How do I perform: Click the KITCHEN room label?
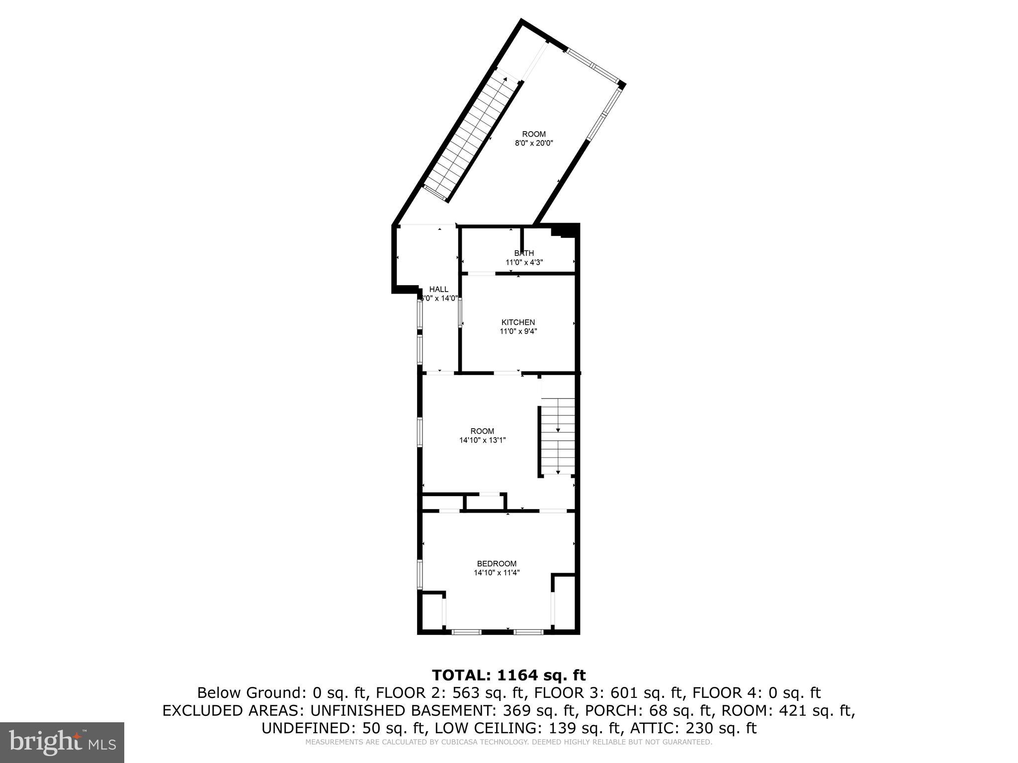[518, 322]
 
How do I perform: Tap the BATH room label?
[524, 253]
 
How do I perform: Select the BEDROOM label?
[497, 563]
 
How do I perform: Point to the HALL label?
[438, 289]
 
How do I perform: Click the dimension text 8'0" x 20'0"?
[533, 143]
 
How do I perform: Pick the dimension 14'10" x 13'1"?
[482, 440]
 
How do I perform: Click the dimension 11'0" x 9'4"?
[518, 331]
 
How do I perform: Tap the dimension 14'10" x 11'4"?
[497, 572]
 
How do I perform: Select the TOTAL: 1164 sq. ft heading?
[509, 675]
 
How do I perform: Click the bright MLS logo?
[62, 742]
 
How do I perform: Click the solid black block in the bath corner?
[564, 231]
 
